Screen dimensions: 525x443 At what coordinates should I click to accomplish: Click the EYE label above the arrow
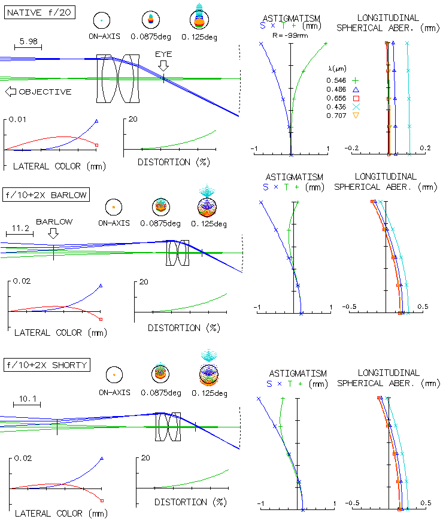coord(163,54)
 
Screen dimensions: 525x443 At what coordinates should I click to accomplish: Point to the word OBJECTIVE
coord(45,92)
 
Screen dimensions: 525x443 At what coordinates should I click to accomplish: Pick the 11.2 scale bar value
coord(20,228)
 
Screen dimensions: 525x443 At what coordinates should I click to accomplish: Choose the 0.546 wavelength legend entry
coord(336,80)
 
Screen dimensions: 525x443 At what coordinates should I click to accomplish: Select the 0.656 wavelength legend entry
coord(336,98)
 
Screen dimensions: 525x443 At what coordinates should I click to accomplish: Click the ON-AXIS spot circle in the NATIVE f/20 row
coord(102,20)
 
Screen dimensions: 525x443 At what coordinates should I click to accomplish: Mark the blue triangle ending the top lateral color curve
coord(96,121)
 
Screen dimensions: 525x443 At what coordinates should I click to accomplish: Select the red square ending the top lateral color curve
coord(96,145)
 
